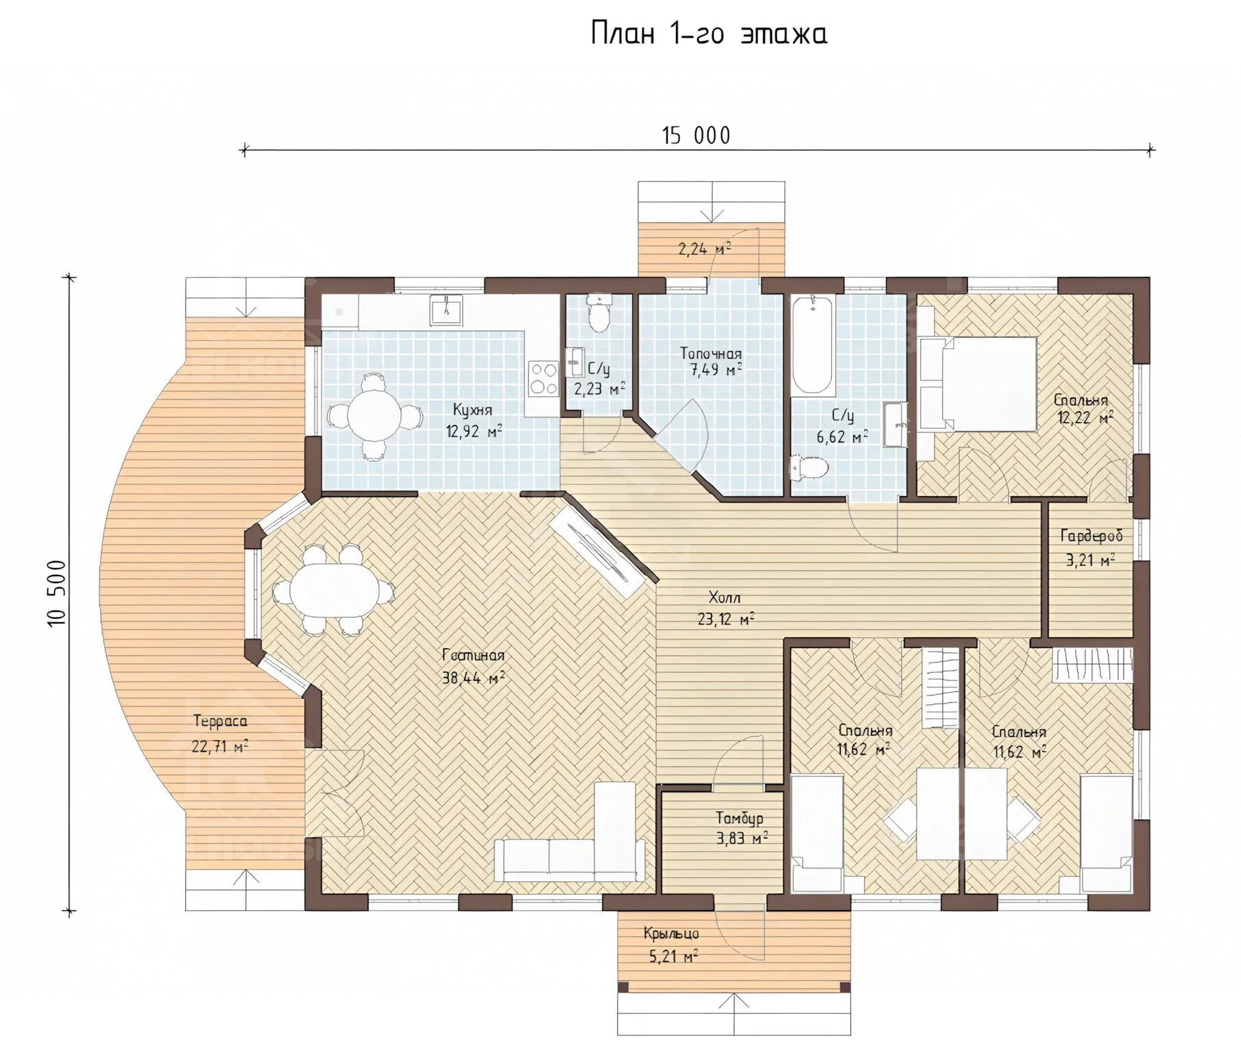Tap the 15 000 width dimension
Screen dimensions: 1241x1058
tap(696, 136)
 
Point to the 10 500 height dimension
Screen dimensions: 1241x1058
tap(57, 593)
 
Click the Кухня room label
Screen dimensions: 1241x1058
tap(472, 410)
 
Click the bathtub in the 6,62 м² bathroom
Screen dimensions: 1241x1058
tap(813, 345)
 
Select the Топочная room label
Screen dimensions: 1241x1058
tap(710, 354)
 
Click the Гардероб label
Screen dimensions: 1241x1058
tap(1092, 536)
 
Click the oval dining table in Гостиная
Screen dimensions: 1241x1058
tap(334, 590)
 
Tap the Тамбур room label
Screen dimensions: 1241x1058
tap(739, 818)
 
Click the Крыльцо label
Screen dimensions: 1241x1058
tap(671, 933)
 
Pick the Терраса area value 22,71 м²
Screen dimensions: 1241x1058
tap(220, 746)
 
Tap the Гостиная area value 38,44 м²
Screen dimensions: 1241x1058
tap(474, 678)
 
